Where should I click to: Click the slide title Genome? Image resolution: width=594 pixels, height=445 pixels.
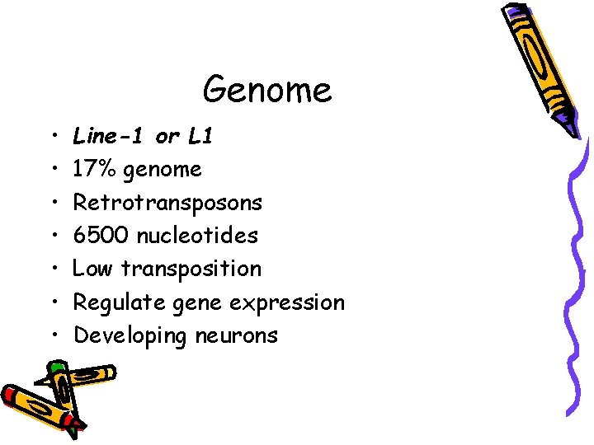coord(267,89)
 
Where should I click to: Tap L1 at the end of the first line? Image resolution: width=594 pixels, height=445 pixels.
coord(200,136)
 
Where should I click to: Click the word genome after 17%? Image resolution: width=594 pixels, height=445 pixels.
coord(160,171)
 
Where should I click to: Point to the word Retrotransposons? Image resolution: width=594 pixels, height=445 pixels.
coord(167,203)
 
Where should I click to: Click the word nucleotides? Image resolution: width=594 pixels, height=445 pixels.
coord(197,236)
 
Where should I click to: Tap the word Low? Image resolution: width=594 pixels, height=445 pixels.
coord(93,269)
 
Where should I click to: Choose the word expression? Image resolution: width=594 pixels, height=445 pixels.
coord(287,303)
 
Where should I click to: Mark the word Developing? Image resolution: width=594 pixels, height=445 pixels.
coord(130,336)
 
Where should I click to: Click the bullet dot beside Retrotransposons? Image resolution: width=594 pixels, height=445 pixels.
coord(52,203)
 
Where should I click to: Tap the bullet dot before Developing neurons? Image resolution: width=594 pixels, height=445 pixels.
coord(52,335)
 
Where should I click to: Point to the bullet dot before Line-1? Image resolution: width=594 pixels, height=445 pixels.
coord(52,136)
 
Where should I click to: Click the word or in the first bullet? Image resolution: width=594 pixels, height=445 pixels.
coord(167,137)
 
